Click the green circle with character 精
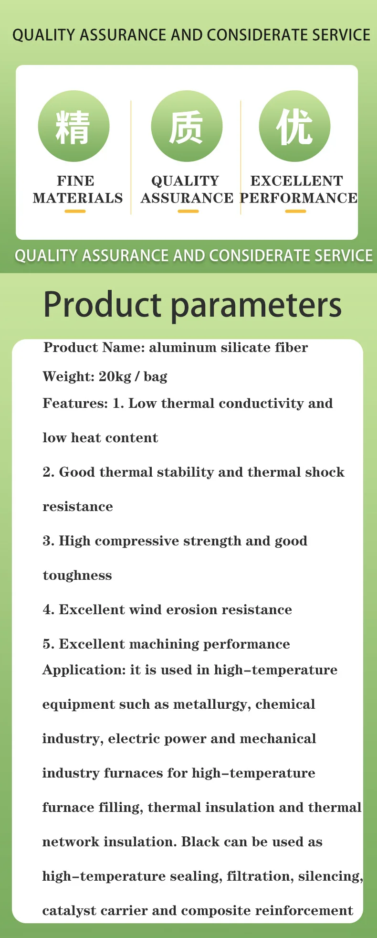[x=74, y=126]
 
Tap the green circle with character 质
[x=187, y=126]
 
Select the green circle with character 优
[x=295, y=126]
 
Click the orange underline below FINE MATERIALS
[x=75, y=211]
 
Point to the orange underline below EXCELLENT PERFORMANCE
[x=295, y=211]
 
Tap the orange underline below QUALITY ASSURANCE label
[x=188, y=211]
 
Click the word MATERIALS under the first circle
[x=78, y=198]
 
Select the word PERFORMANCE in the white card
[x=299, y=198]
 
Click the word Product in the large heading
[x=103, y=305]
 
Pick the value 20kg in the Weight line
[x=115, y=377]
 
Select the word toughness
[x=77, y=576]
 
